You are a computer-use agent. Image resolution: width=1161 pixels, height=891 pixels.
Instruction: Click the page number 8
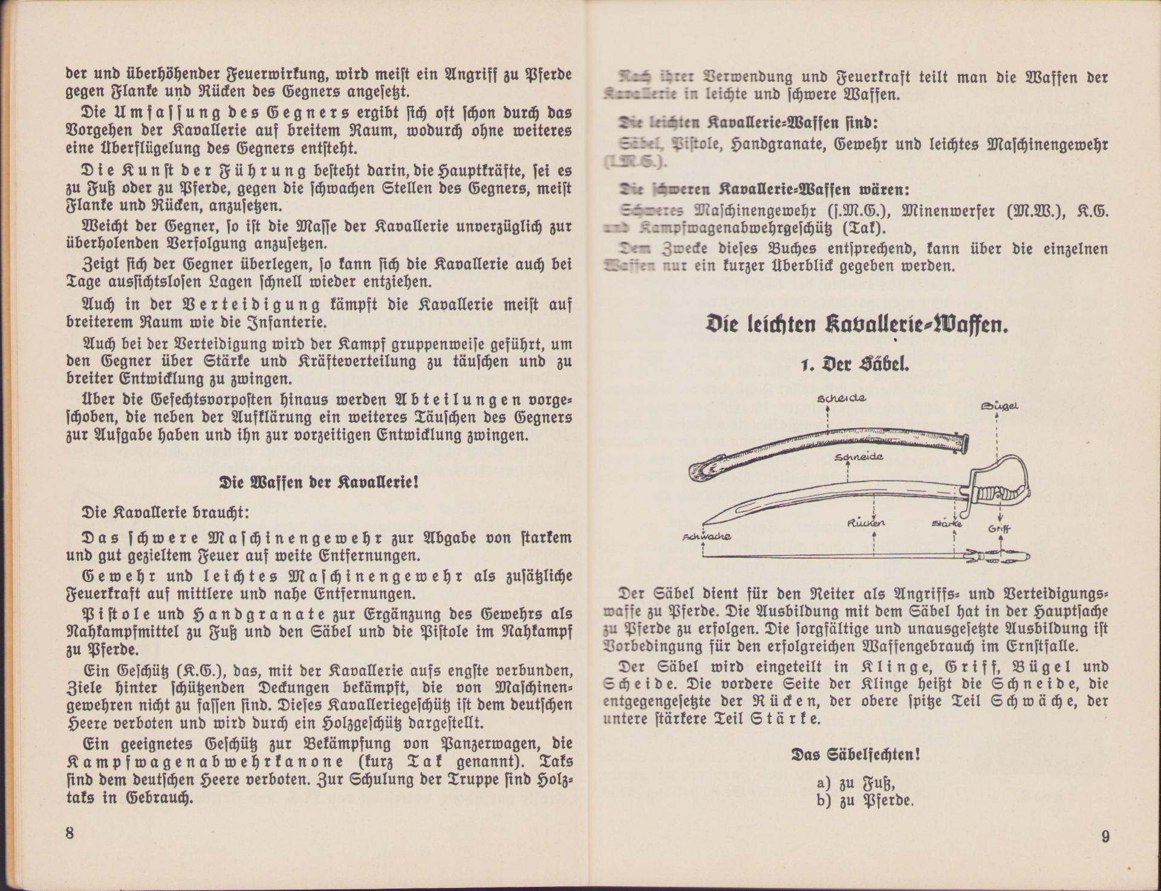(x=70, y=832)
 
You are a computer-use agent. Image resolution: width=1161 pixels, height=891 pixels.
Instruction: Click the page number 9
(x=1105, y=837)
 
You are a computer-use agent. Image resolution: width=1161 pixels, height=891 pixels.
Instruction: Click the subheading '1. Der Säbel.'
(x=857, y=365)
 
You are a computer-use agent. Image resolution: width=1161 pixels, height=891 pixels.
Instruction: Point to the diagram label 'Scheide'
(x=841, y=398)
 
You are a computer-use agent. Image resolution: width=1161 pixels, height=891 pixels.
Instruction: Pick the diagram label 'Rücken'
(x=867, y=522)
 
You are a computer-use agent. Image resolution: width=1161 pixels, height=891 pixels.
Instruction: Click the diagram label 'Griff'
(x=1000, y=529)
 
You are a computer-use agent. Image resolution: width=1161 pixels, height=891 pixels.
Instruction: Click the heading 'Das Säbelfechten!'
(x=856, y=755)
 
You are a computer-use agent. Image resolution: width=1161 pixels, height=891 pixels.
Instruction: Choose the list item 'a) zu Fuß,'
(x=855, y=783)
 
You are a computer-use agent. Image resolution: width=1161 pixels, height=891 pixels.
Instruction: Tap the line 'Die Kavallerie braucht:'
(x=165, y=513)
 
